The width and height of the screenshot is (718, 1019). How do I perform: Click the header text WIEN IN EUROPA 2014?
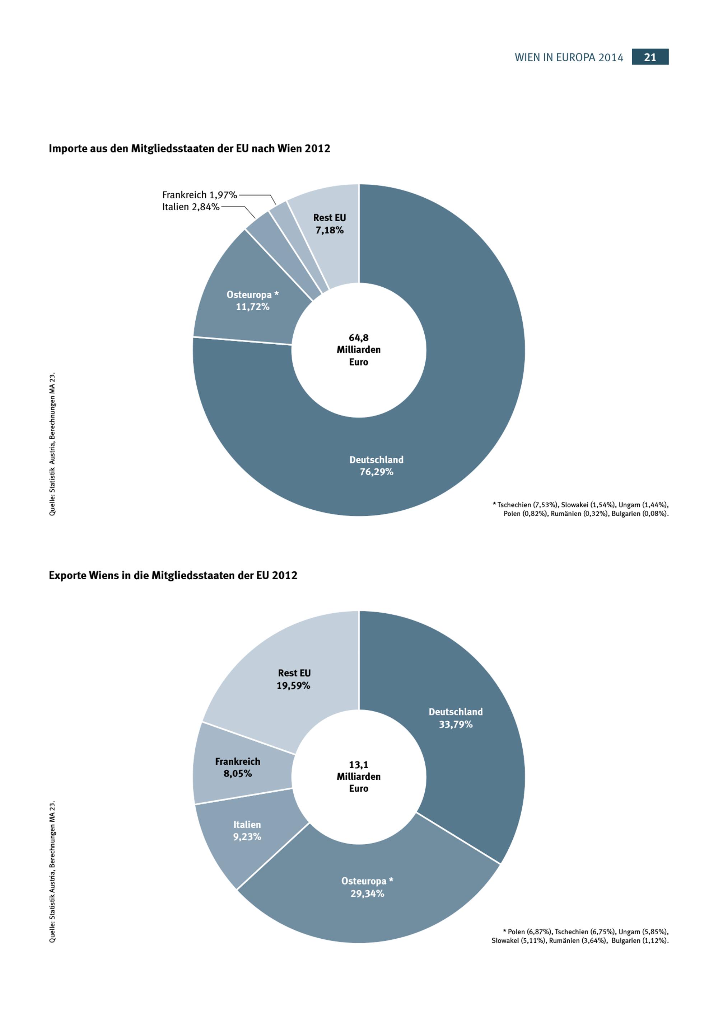point(569,57)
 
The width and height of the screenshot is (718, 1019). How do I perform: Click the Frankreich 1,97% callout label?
point(200,195)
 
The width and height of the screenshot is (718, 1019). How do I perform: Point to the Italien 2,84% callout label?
point(191,207)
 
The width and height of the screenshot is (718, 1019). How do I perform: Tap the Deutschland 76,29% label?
point(376,466)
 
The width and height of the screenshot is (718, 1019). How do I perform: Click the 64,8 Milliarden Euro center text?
point(359,350)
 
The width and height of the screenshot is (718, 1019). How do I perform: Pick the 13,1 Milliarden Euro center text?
point(359,776)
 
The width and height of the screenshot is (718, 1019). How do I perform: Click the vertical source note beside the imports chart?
point(52,444)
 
